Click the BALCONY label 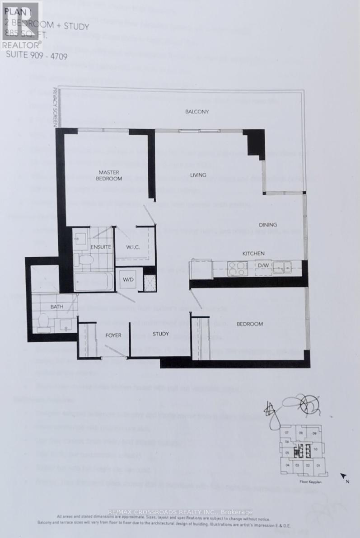[x=196, y=112]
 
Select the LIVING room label [x=198, y=175]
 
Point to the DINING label [x=267, y=225]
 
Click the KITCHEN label [x=253, y=253]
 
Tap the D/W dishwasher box [x=262, y=267]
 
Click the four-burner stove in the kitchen [x=237, y=268]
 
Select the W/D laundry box [x=128, y=279]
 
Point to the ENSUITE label [x=101, y=247]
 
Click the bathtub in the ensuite [x=93, y=282]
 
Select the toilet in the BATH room [x=44, y=321]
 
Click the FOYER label [x=113, y=335]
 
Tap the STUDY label [x=160, y=334]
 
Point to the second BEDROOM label [x=250, y=324]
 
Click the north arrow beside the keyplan [x=344, y=477]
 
